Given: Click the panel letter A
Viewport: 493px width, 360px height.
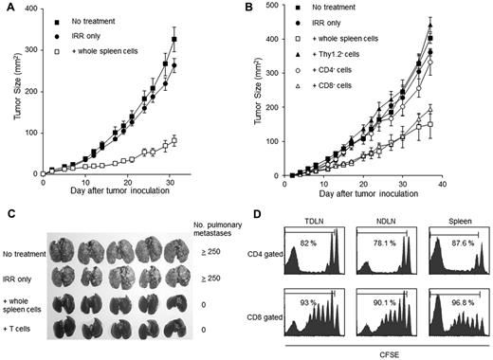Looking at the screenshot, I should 7,8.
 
